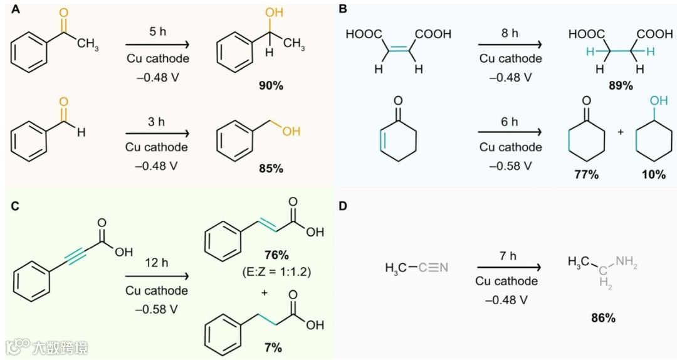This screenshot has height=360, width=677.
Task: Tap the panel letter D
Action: click(342, 206)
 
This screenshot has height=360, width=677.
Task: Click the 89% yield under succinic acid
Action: click(620, 85)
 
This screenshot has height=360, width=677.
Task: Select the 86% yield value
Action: click(602, 318)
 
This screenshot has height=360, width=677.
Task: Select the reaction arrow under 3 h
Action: click(157, 134)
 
